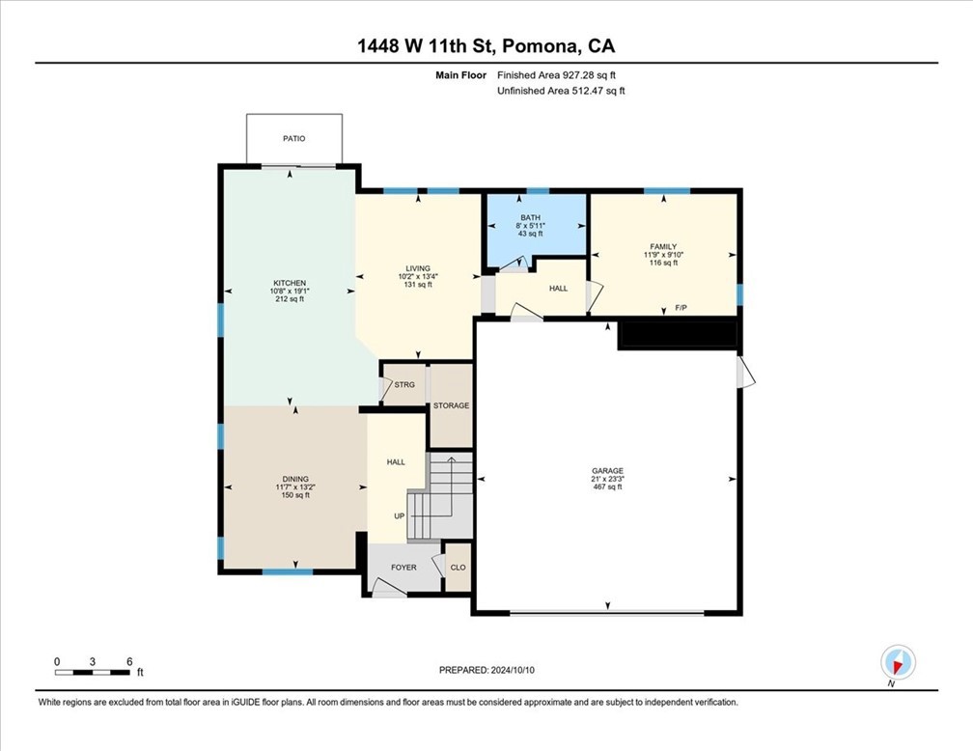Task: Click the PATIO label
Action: point(294,138)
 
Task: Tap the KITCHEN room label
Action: point(290,283)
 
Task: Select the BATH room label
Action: point(531,218)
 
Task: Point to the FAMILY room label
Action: point(663,246)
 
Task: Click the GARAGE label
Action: point(607,471)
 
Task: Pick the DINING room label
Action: point(295,479)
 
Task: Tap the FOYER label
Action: point(403,568)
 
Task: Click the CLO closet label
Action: point(458,568)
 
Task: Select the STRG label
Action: point(404,385)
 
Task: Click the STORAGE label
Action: point(451,406)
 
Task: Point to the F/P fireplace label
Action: point(681,308)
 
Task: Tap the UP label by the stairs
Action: point(400,516)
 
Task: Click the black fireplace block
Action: point(678,335)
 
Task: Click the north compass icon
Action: point(898,662)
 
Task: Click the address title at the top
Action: point(486,46)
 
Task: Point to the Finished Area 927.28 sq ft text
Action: point(557,75)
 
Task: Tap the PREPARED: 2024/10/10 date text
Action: point(486,670)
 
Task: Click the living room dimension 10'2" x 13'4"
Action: point(418,277)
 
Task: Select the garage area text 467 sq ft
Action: point(607,487)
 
